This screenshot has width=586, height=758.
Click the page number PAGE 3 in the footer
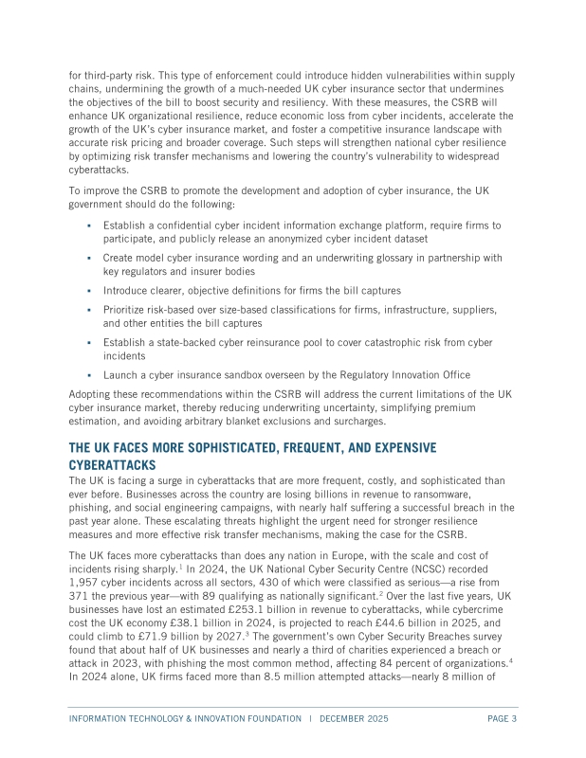[501, 718]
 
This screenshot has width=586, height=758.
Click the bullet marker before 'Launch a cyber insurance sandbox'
[88, 375]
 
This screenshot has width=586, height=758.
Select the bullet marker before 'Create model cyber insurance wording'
[88, 257]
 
